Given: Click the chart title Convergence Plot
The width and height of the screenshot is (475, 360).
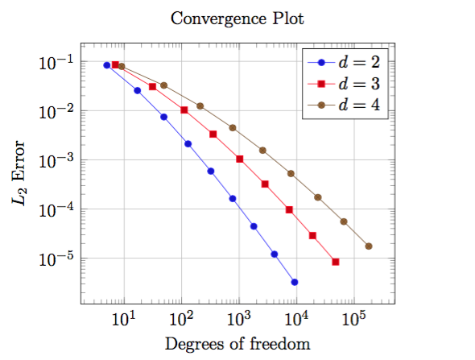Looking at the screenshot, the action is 237,19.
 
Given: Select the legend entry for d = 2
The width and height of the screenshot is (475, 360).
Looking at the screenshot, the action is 344,63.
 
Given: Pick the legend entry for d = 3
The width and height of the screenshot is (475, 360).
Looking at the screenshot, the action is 344,84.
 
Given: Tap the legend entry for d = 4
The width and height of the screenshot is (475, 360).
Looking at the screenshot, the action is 344,106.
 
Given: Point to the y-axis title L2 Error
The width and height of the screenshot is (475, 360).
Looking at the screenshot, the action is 19,173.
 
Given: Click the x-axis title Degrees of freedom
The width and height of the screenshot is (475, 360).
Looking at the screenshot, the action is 237,345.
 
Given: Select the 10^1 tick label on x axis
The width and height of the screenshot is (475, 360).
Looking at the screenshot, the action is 124,318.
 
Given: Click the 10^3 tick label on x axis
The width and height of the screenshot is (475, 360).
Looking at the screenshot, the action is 239,318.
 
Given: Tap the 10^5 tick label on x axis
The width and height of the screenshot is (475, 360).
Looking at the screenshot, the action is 354,318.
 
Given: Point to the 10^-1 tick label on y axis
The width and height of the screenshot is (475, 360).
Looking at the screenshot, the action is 56,63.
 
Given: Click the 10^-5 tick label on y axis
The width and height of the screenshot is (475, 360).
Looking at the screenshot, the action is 56,259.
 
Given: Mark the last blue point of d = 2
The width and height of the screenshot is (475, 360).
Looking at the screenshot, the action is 295,282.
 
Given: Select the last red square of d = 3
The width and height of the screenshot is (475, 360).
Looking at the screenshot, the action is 336,262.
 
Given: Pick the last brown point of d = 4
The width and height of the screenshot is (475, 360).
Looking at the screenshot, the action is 369,246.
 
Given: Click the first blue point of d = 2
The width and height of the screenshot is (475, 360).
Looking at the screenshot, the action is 106,65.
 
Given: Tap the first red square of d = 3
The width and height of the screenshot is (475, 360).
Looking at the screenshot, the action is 115,64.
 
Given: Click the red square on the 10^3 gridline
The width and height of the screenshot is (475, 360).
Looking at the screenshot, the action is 240,159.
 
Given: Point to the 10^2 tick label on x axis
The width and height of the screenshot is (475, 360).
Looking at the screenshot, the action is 182,318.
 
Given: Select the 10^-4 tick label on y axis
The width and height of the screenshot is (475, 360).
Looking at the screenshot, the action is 56,210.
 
